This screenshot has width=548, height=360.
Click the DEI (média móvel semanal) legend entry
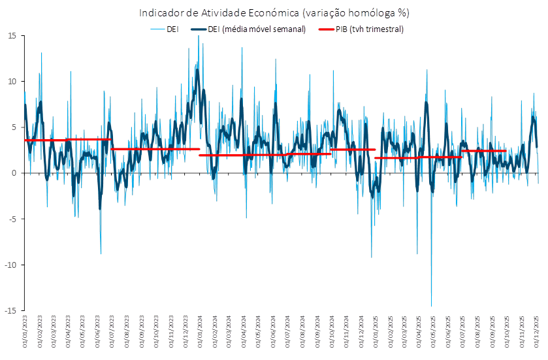pos(248,29)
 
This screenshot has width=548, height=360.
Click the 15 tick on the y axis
pos(12,36)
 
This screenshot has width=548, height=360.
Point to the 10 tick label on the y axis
pos(12,82)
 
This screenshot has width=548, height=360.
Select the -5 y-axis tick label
pos(12,219)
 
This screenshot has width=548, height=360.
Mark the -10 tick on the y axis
pos(10,265)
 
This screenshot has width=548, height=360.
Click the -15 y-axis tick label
pos(10,310)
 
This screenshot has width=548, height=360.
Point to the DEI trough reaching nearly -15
pos(431,306)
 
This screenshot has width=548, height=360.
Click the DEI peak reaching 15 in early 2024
pos(199,37)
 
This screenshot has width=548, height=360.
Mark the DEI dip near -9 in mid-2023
pos(101,253)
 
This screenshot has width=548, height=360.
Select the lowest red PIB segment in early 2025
pos(396,157)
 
